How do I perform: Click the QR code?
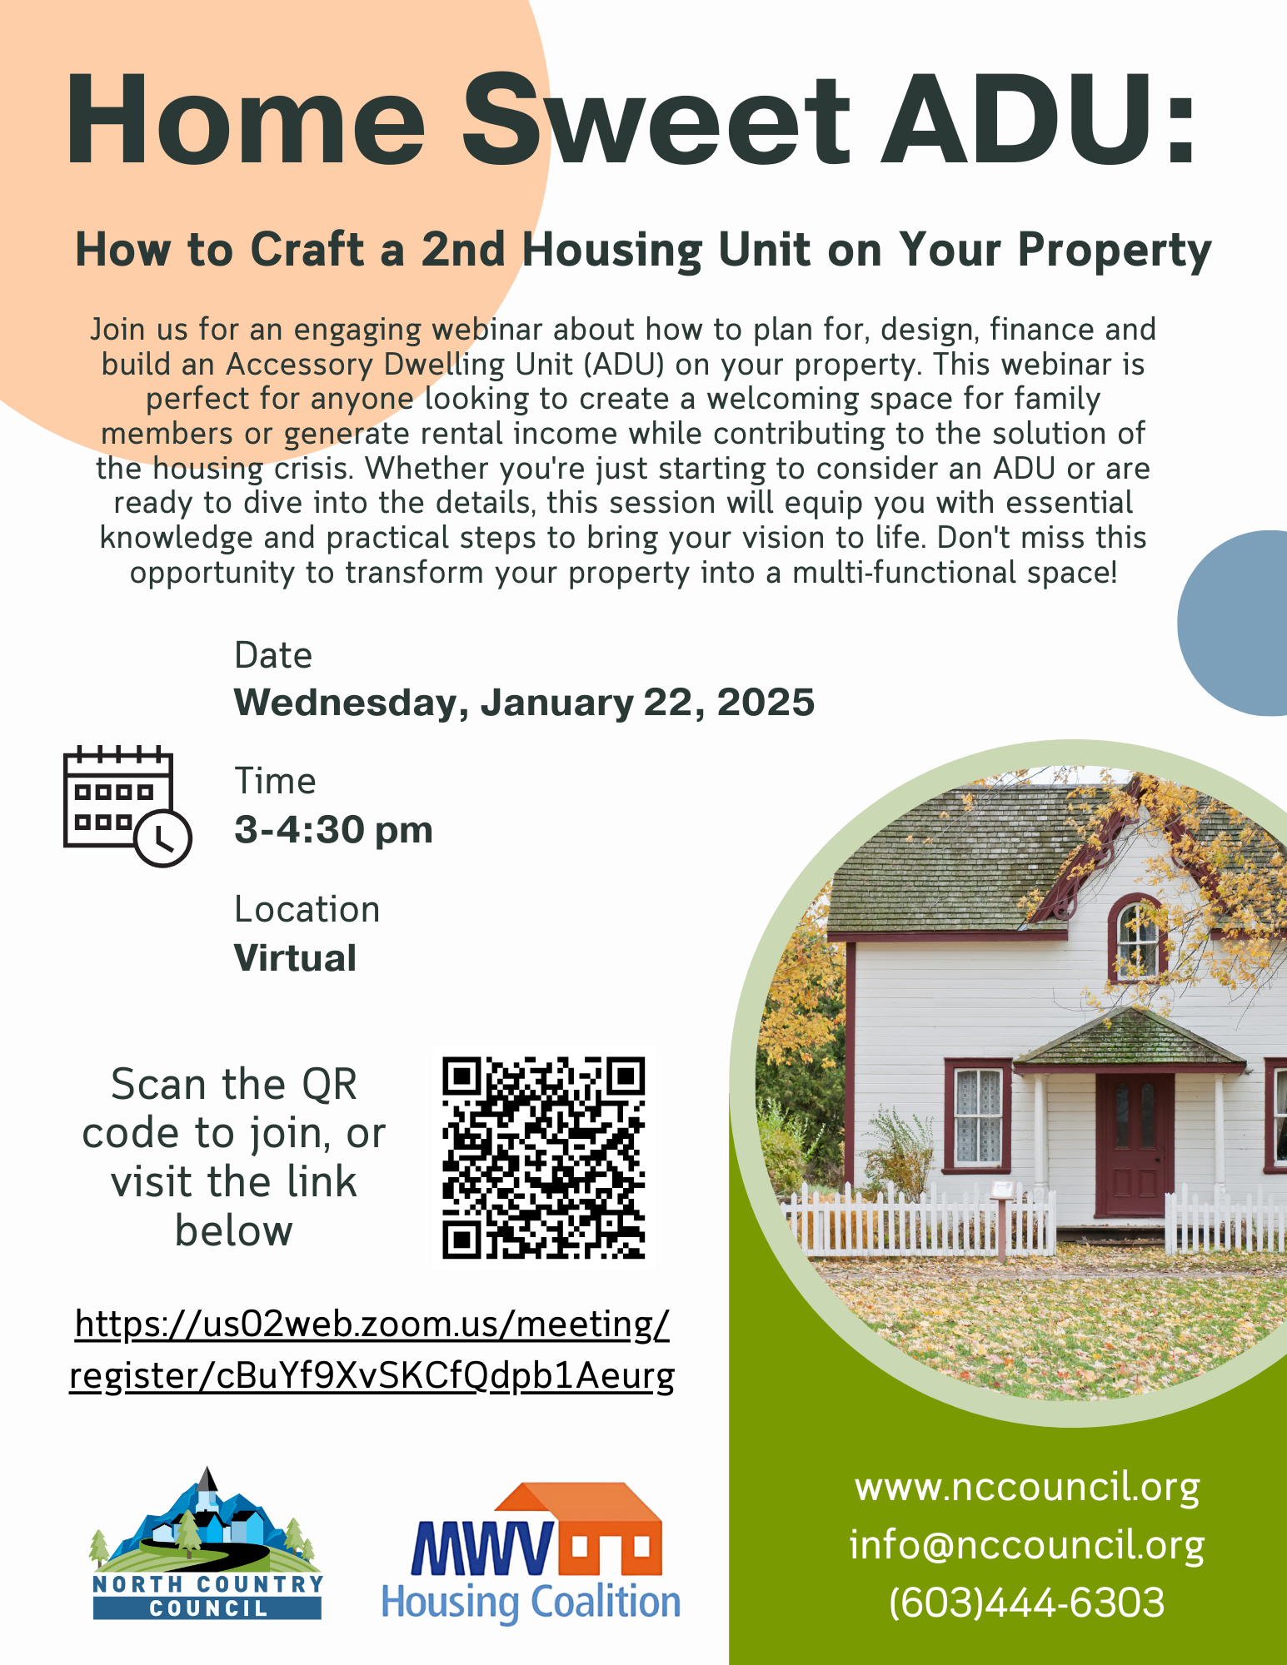coord(543,1158)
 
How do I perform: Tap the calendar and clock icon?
coord(127,806)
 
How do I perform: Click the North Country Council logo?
coord(207,1543)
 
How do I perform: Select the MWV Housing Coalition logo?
coord(531,1553)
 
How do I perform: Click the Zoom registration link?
coord(372,1349)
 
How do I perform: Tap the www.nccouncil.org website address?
coord(1027,1487)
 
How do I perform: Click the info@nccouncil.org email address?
coord(1027,1545)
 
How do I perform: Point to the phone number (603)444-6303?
coord(1027,1603)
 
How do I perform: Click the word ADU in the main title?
coord(1040,119)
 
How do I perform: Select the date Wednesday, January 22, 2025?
coord(524,703)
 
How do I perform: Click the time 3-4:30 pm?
coord(333,830)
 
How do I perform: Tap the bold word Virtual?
coord(295,958)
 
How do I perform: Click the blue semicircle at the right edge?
coord(1234,623)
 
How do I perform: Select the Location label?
coord(307,909)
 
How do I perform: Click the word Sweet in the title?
coord(657,119)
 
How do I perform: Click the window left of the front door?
coord(978,1115)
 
